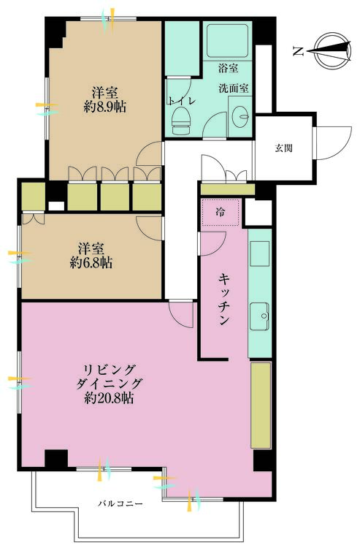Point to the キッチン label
pyautogui.click(x=224, y=300)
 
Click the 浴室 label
pyautogui.click(x=229, y=69)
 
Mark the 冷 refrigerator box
pyautogui.click(x=220, y=212)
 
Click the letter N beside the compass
pyautogui.click(x=299, y=50)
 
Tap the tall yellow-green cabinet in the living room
pyautogui.click(x=260, y=405)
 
